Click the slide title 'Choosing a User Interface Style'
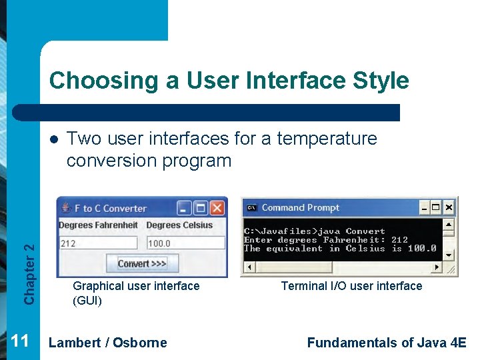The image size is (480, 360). point(229,80)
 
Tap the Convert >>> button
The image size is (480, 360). point(141,263)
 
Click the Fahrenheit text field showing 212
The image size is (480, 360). point(97,243)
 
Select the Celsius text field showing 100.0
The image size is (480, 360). point(185,243)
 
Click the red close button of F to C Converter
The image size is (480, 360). point(217,208)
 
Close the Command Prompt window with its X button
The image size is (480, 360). point(449,207)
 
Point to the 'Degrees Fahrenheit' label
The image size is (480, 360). point(98,225)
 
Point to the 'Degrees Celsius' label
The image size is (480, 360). point(179,225)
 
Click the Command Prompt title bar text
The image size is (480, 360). point(300,207)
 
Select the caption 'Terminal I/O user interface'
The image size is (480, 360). point(351,286)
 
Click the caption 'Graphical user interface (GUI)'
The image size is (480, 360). point(136,293)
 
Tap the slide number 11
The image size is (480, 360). point(20,341)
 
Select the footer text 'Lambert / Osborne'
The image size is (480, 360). point(108,343)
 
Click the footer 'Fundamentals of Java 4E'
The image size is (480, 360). point(386,343)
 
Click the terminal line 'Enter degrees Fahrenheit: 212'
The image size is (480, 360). point(325,240)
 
